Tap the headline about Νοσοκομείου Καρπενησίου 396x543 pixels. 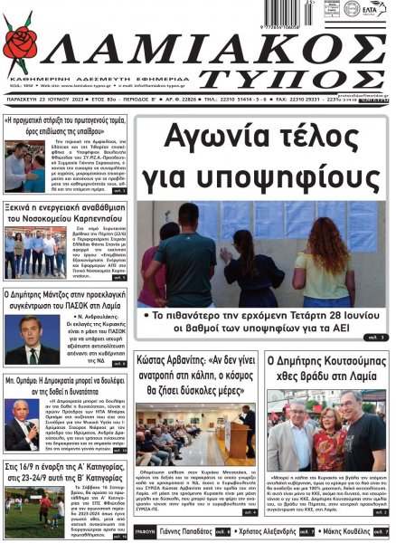point(66,211)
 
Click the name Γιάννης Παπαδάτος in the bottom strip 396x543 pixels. point(189,532)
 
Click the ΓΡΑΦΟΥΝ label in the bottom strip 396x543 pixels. point(145,532)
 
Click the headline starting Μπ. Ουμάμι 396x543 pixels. point(66,384)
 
